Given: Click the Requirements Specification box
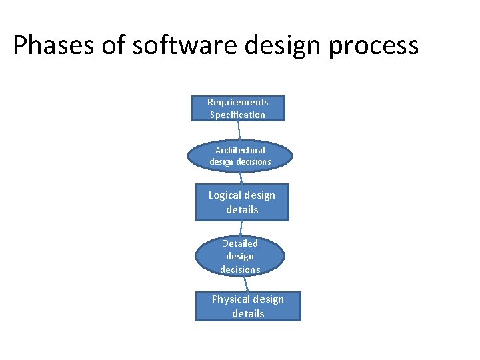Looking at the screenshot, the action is click(238, 108).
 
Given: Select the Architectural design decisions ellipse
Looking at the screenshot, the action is click(240, 156).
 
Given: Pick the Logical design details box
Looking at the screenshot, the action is click(242, 202).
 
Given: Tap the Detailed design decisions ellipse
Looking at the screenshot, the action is click(240, 256).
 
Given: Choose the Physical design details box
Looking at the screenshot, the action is click(248, 307).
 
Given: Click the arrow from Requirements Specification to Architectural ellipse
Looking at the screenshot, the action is click(239, 131).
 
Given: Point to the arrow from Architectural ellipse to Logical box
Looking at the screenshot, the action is click(241, 177).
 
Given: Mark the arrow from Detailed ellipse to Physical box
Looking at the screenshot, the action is click(245, 283).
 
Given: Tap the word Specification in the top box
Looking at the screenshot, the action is click(238, 115).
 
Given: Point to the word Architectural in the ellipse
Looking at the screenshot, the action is click(240, 150).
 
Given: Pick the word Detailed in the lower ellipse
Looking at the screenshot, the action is click(240, 243).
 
